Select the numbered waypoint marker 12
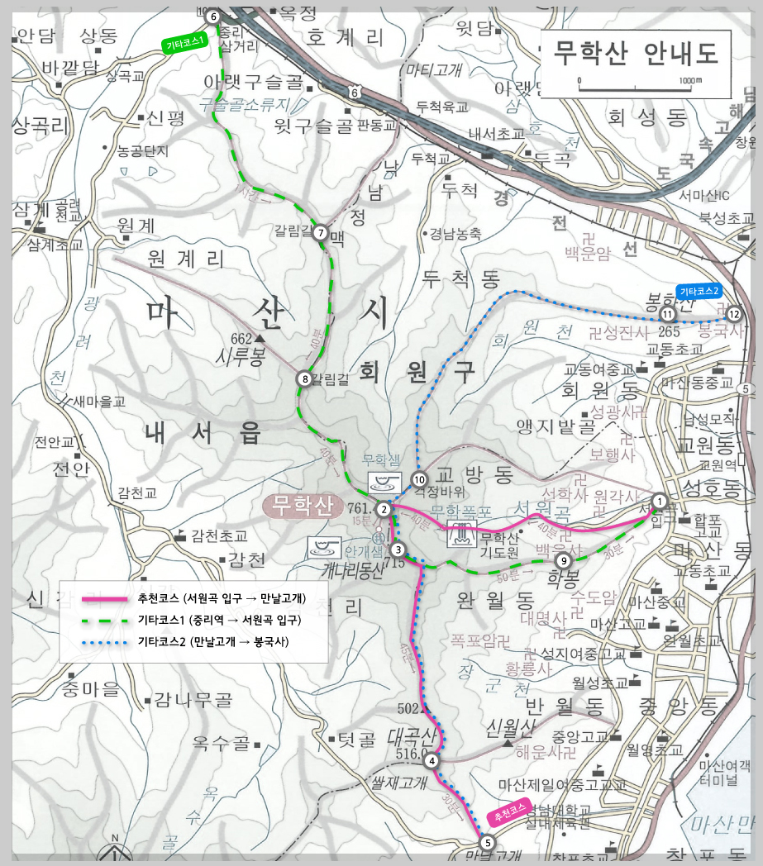click(x=732, y=314)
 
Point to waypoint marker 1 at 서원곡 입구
click(x=659, y=500)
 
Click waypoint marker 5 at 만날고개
click(x=487, y=843)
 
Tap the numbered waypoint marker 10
click(x=419, y=479)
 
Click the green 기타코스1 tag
click(x=184, y=45)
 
